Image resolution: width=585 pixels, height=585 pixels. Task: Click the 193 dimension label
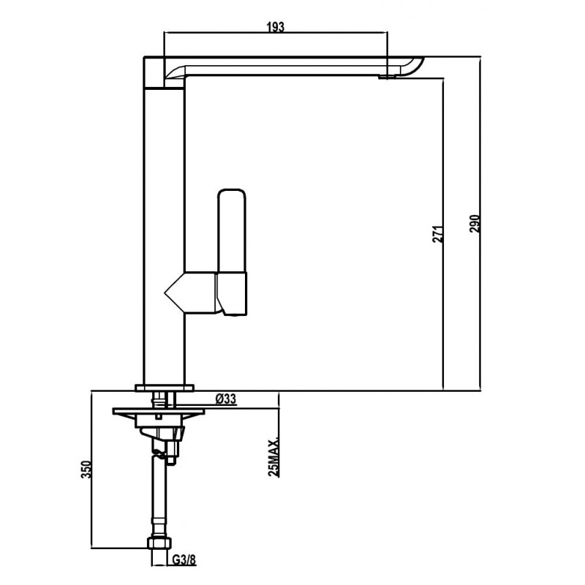(276, 27)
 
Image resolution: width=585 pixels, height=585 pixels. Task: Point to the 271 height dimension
(438, 234)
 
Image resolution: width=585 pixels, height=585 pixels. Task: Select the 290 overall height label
(475, 224)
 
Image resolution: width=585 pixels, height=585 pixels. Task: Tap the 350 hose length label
(86, 469)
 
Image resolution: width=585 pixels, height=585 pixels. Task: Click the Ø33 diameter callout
(226, 399)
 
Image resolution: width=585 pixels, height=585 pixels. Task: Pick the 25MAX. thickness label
(273, 456)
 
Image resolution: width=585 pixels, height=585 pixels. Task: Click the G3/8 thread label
(184, 559)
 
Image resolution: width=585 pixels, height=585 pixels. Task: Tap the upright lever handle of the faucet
(232, 231)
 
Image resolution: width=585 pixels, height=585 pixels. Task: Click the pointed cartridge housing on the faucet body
(190, 293)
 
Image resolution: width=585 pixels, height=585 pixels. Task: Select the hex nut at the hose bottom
(159, 543)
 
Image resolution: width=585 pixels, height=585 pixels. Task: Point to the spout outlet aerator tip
(388, 77)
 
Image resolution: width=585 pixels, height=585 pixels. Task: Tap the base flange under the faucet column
(165, 388)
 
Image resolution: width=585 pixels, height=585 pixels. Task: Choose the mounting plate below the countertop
(159, 412)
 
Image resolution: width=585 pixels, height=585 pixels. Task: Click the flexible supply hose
(159, 497)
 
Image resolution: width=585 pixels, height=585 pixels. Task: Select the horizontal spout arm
(284, 67)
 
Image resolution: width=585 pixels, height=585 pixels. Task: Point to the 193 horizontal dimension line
(276, 33)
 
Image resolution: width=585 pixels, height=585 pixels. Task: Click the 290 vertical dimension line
(481, 224)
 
